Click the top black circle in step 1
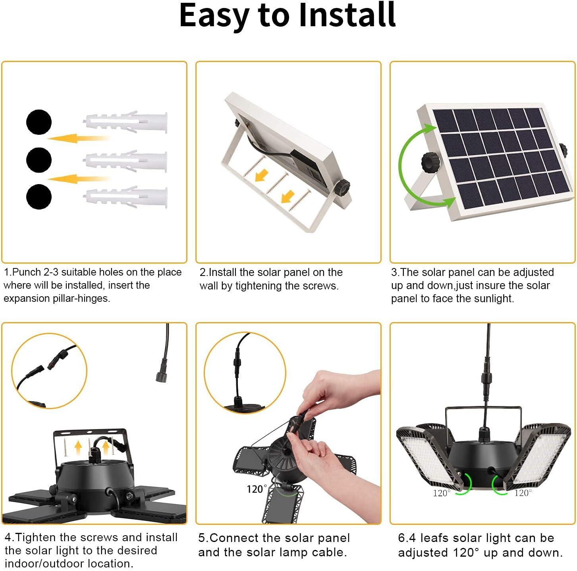[x=39, y=122]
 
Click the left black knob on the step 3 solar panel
[x=430, y=162]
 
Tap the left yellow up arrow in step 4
[x=78, y=447]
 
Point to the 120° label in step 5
[x=257, y=489]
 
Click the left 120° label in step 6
[x=442, y=493]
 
